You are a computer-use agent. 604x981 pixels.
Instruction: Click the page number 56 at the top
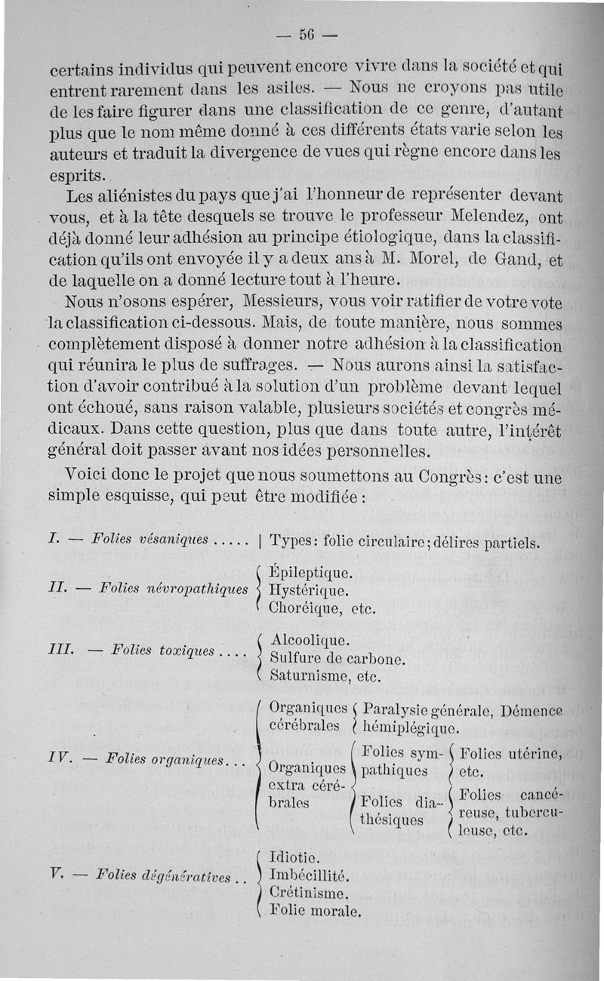(306, 35)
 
